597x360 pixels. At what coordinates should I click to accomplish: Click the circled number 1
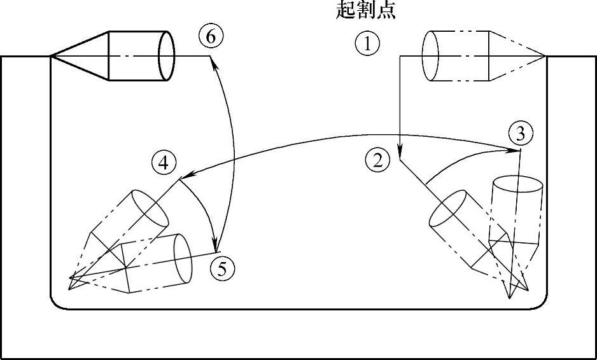(367, 44)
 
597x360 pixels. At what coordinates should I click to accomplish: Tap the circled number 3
(521, 134)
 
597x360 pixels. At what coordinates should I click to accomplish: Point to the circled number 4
(164, 163)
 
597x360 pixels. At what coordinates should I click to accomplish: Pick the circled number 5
(222, 268)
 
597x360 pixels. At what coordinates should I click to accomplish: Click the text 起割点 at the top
(366, 11)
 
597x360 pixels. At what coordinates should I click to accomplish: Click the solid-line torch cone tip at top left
(51, 56)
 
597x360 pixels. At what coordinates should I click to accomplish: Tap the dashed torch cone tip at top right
(545, 56)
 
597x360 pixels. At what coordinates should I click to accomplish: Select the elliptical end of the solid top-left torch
(166, 56)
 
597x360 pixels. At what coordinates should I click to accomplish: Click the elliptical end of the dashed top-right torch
(431, 56)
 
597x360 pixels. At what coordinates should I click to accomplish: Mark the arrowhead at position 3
(516, 150)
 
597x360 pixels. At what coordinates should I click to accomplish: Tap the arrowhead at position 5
(216, 246)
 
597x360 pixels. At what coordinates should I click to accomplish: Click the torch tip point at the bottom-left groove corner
(70, 279)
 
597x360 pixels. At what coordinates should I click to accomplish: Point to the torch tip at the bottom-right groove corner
(510, 298)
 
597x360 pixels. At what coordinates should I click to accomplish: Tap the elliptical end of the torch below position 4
(153, 208)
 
